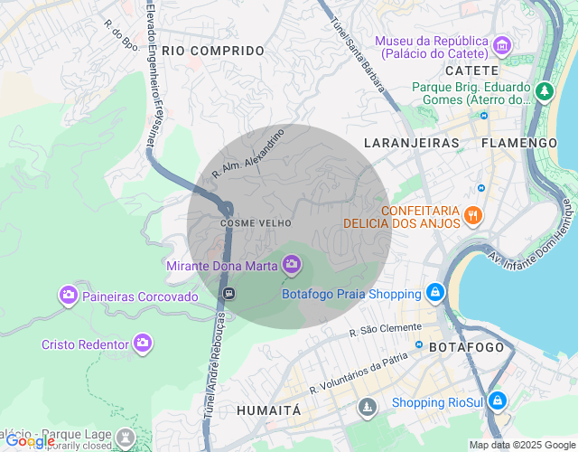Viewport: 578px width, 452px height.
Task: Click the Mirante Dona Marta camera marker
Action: [291, 264]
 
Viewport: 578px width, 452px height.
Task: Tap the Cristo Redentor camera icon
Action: [142, 344]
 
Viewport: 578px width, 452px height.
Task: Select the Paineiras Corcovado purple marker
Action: [68, 296]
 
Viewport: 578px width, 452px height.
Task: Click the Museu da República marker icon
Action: [503, 44]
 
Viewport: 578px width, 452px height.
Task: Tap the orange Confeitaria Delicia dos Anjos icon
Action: [473, 216]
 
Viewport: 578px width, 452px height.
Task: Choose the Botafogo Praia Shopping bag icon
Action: [435, 293]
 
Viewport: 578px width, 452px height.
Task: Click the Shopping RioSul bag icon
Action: [499, 401]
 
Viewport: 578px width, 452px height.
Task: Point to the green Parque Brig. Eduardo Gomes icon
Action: [544, 91]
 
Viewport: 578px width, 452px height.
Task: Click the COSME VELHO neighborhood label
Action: [247, 222]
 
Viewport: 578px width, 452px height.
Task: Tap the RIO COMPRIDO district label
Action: [213, 52]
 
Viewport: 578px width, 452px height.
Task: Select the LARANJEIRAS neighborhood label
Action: [411, 143]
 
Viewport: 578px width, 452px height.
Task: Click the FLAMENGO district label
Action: [519, 143]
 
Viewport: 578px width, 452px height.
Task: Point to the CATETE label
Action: [471, 71]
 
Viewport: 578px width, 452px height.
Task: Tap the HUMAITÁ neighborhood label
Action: [268, 410]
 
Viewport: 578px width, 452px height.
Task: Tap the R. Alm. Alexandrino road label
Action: [248, 153]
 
